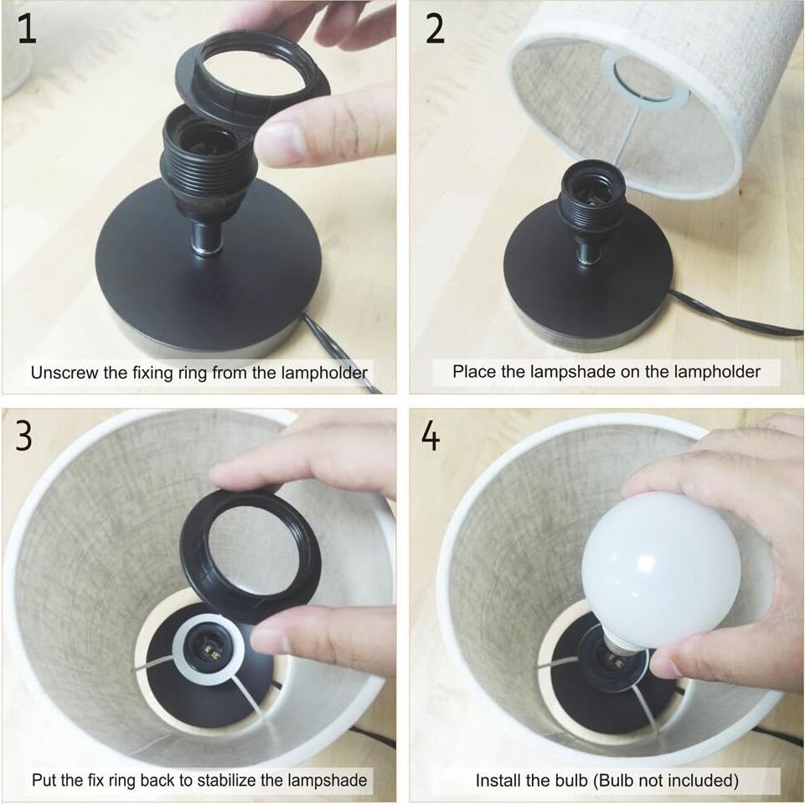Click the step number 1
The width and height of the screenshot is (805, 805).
point(27,29)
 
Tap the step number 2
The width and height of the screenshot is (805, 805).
point(435,29)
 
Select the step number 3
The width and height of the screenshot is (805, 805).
point(23,436)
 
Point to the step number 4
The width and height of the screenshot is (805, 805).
point(431,436)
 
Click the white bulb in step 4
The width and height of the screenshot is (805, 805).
point(661,565)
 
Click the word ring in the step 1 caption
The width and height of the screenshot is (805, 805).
point(194,374)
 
